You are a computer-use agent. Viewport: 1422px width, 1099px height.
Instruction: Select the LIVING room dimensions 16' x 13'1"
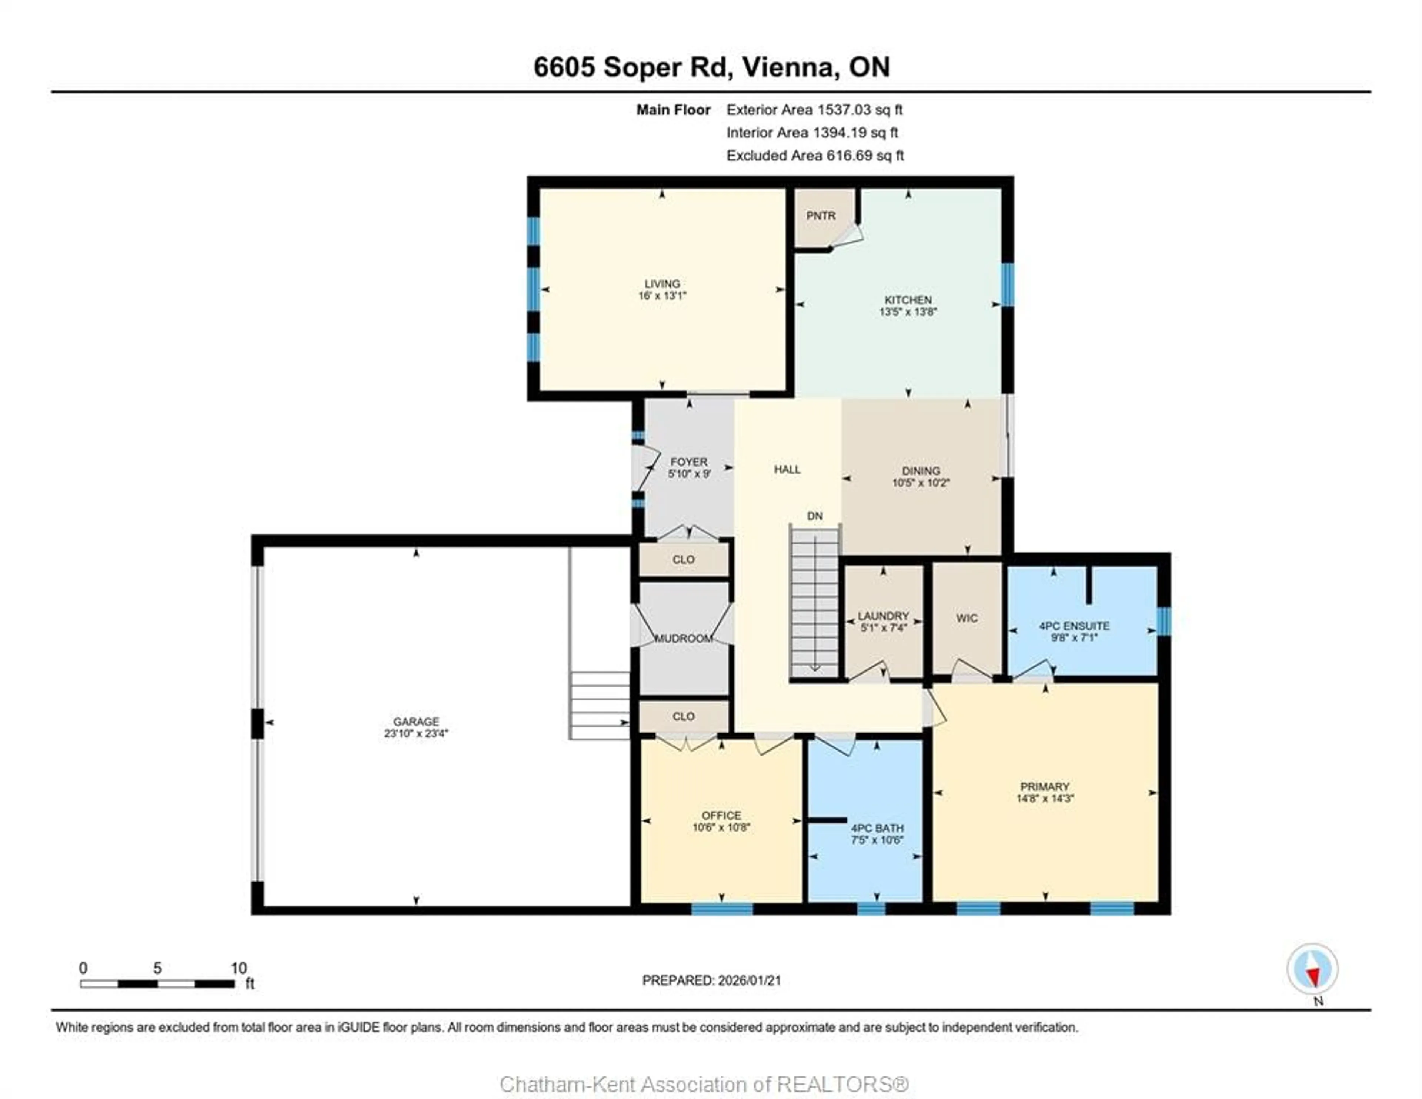pos(662,296)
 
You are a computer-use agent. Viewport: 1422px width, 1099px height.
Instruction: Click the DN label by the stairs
pos(815,516)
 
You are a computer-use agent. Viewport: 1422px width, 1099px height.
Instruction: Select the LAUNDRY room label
pos(883,616)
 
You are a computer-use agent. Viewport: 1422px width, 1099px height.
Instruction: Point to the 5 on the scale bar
pos(157,968)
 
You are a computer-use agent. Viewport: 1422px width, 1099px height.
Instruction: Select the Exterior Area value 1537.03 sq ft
pos(859,110)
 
